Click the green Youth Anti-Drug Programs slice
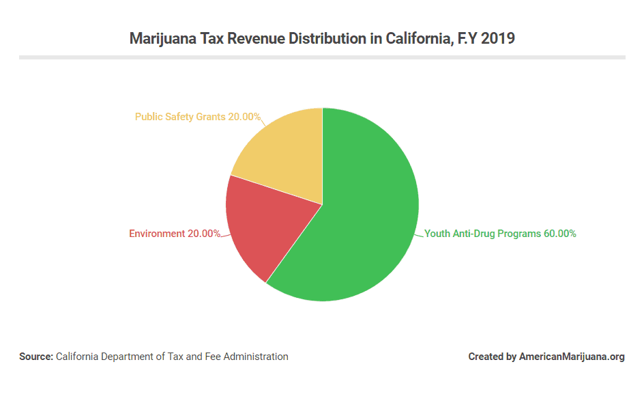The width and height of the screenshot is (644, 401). [x=362, y=225]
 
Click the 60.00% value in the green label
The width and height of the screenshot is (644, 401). [x=559, y=234]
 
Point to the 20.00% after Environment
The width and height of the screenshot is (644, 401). [x=204, y=234]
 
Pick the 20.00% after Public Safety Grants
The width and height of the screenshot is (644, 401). [x=244, y=117]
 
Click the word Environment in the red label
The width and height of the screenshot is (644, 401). [x=157, y=234]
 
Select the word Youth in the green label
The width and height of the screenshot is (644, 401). [x=437, y=234]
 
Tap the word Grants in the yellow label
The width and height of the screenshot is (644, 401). [x=211, y=117]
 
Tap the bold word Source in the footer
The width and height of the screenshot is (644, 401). [x=35, y=357]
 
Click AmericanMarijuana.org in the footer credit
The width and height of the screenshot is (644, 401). [x=572, y=357]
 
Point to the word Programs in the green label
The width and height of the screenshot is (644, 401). [x=520, y=234]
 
